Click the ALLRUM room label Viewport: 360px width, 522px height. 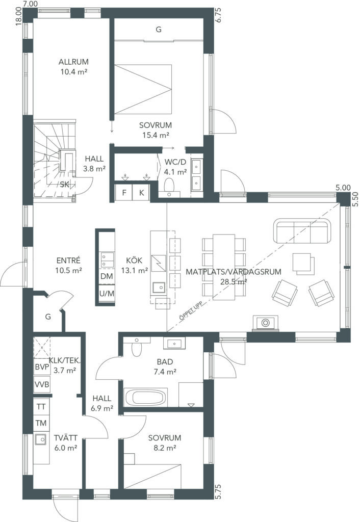(x=73, y=62)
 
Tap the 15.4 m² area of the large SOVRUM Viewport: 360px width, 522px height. (x=156, y=135)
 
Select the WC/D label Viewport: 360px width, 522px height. (x=175, y=162)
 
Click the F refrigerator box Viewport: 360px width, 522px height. (x=124, y=192)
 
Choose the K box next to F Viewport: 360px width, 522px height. (x=142, y=192)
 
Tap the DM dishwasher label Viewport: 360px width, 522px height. (x=107, y=276)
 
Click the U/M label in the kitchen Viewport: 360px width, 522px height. (x=107, y=294)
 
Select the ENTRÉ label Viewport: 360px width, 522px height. (x=69, y=260)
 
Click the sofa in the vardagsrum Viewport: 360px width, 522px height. (x=302, y=231)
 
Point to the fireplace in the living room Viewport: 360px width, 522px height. (x=265, y=324)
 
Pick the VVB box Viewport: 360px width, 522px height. (x=42, y=385)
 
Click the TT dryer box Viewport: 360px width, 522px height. (x=41, y=407)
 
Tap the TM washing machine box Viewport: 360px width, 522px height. (x=41, y=424)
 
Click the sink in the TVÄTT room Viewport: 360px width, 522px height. (x=41, y=440)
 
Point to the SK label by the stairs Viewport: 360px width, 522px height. (x=64, y=184)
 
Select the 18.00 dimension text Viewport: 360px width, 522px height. (x=19, y=16)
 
